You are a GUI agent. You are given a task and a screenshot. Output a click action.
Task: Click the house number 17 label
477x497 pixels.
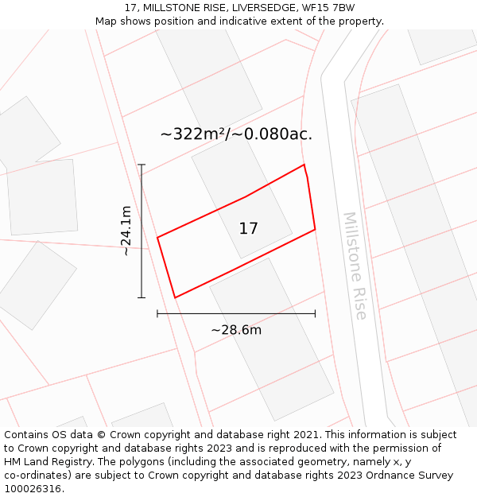pyautogui.click(x=248, y=229)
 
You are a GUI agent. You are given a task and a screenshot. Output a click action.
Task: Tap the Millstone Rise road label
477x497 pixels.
pyautogui.click(x=355, y=266)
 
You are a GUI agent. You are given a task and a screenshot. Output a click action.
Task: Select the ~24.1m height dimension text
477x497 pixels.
pyautogui.click(x=126, y=231)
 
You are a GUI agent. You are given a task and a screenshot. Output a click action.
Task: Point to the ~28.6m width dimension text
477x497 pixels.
pyautogui.click(x=236, y=330)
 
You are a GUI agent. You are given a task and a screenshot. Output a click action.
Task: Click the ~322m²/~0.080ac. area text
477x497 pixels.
pyautogui.click(x=236, y=134)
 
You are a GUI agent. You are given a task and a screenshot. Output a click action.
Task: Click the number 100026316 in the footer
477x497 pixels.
pyautogui.click(x=32, y=489)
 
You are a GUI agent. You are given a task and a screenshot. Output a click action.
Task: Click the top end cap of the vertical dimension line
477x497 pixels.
pyautogui.click(x=142, y=165)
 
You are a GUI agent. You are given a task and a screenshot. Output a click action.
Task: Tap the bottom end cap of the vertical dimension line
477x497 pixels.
pyautogui.click(x=142, y=298)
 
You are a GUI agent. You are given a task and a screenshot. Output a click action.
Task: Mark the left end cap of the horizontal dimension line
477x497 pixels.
pyautogui.click(x=157, y=314)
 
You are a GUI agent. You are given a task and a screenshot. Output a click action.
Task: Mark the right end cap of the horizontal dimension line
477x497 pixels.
pyautogui.click(x=315, y=314)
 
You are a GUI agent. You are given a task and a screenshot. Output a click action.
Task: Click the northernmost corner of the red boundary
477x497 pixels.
pyautogui.click(x=304, y=165)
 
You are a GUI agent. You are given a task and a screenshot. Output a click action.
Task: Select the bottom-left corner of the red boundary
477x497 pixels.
pyautogui.click(x=175, y=298)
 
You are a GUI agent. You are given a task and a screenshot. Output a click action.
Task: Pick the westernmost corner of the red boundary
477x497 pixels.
pyautogui.click(x=157, y=237)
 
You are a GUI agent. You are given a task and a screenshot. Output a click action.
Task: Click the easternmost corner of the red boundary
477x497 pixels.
pyautogui.click(x=315, y=229)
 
